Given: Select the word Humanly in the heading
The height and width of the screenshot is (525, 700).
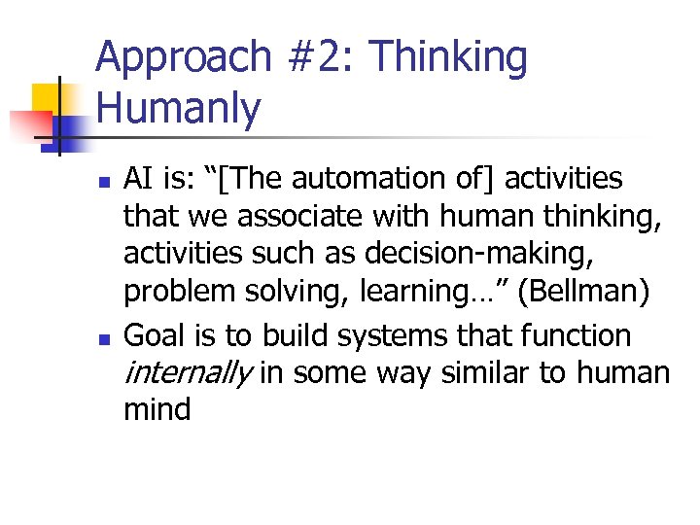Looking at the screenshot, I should coord(180,109).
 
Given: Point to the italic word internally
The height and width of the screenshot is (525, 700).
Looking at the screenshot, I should coord(190,372).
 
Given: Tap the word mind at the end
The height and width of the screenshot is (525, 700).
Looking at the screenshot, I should coord(157,408).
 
